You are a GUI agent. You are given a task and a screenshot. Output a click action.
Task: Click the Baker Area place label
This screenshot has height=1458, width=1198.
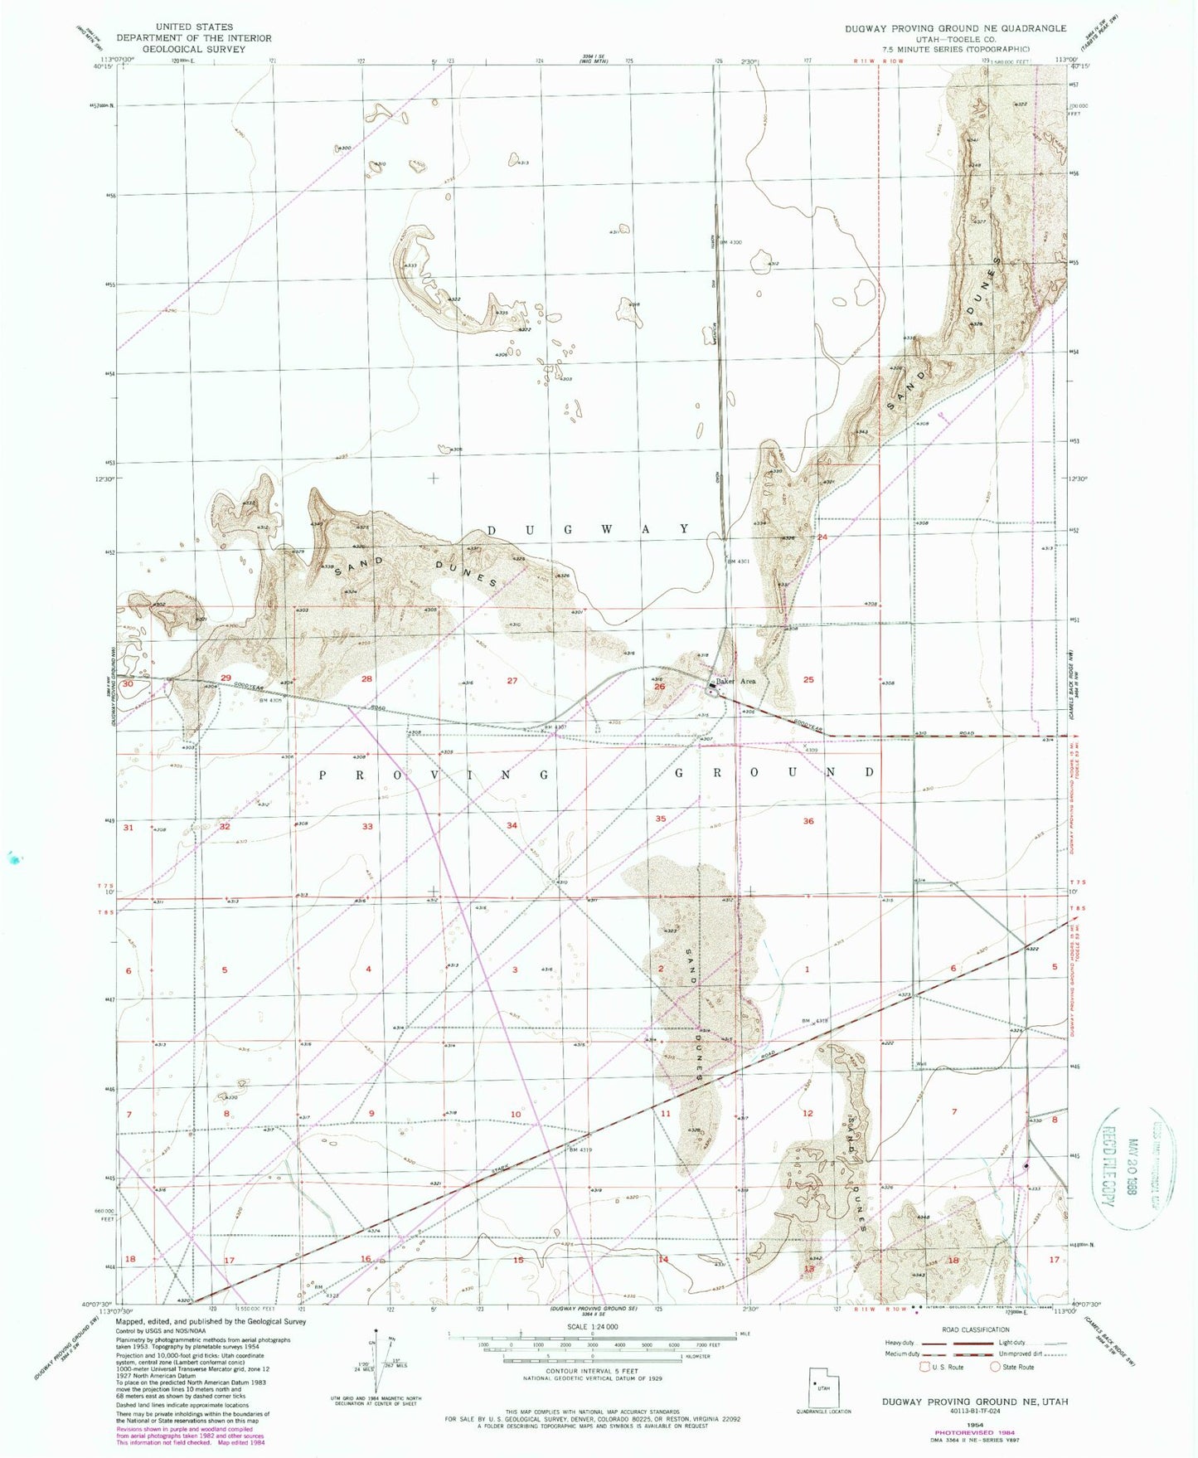[x=736, y=681]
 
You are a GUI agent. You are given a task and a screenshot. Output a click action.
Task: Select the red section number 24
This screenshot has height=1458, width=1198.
[x=822, y=537]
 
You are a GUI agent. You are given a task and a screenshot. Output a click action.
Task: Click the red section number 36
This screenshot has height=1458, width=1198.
[x=808, y=821]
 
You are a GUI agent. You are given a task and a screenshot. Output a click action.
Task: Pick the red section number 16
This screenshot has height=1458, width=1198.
[x=366, y=1259]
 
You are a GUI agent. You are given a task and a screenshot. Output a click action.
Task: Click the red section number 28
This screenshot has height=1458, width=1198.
[x=367, y=679]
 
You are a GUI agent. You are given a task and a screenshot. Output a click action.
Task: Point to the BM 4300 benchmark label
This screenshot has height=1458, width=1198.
[x=730, y=242]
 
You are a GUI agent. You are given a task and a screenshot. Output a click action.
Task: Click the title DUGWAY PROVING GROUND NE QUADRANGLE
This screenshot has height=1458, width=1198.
[x=956, y=28]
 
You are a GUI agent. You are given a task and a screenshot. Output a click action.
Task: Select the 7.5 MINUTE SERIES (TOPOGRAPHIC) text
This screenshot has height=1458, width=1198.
[x=956, y=49]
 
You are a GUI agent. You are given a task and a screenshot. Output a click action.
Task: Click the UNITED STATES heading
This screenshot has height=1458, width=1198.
[x=194, y=27]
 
